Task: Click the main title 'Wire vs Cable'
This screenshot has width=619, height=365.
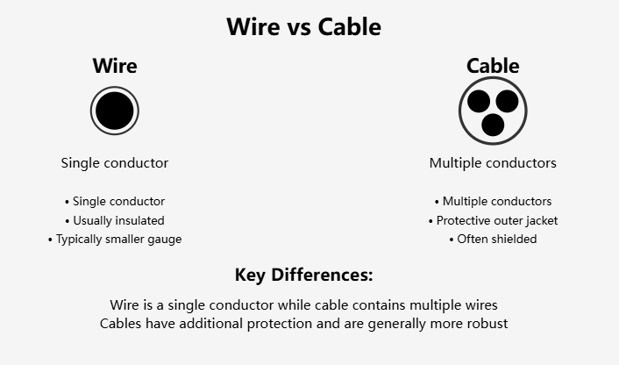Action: point(304,27)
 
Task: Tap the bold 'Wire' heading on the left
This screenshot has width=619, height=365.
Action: point(115,66)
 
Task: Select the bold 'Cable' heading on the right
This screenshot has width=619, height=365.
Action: point(493,66)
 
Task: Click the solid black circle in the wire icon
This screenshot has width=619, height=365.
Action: point(115,111)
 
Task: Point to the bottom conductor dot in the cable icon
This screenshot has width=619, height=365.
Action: point(493,125)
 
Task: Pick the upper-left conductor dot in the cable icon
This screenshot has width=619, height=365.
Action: point(479,101)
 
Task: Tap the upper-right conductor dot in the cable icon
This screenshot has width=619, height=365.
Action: point(507,101)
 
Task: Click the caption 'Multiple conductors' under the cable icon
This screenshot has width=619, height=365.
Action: point(493,162)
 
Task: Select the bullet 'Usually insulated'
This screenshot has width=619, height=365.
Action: point(115,220)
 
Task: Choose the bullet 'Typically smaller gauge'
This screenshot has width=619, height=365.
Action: point(115,239)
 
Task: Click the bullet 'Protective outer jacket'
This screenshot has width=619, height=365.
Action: point(493,220)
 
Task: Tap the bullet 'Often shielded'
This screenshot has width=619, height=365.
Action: point(493,239)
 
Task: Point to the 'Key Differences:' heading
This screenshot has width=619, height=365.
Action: point(304,275)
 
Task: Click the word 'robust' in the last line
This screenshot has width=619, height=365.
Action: point(487,324)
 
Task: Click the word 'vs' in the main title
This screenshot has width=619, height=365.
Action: point(298,28)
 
